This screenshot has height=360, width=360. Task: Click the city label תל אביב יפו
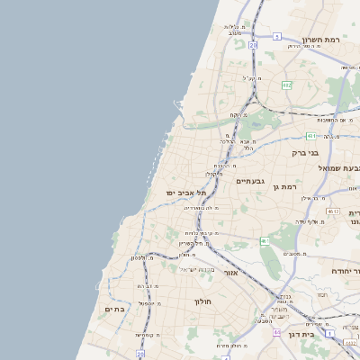tap(186, 193)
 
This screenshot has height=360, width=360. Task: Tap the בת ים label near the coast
tap(114, 309)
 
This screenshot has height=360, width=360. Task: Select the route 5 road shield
tap(277, 37)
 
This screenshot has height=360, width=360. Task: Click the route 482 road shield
tap(286, 85)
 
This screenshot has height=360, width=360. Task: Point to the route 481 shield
tap(310, 136)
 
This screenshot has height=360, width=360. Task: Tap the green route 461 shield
tap(265, 241)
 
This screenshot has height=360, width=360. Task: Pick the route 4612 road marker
tap(333, 211)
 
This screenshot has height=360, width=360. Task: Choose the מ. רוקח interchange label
tap(235, 115)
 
